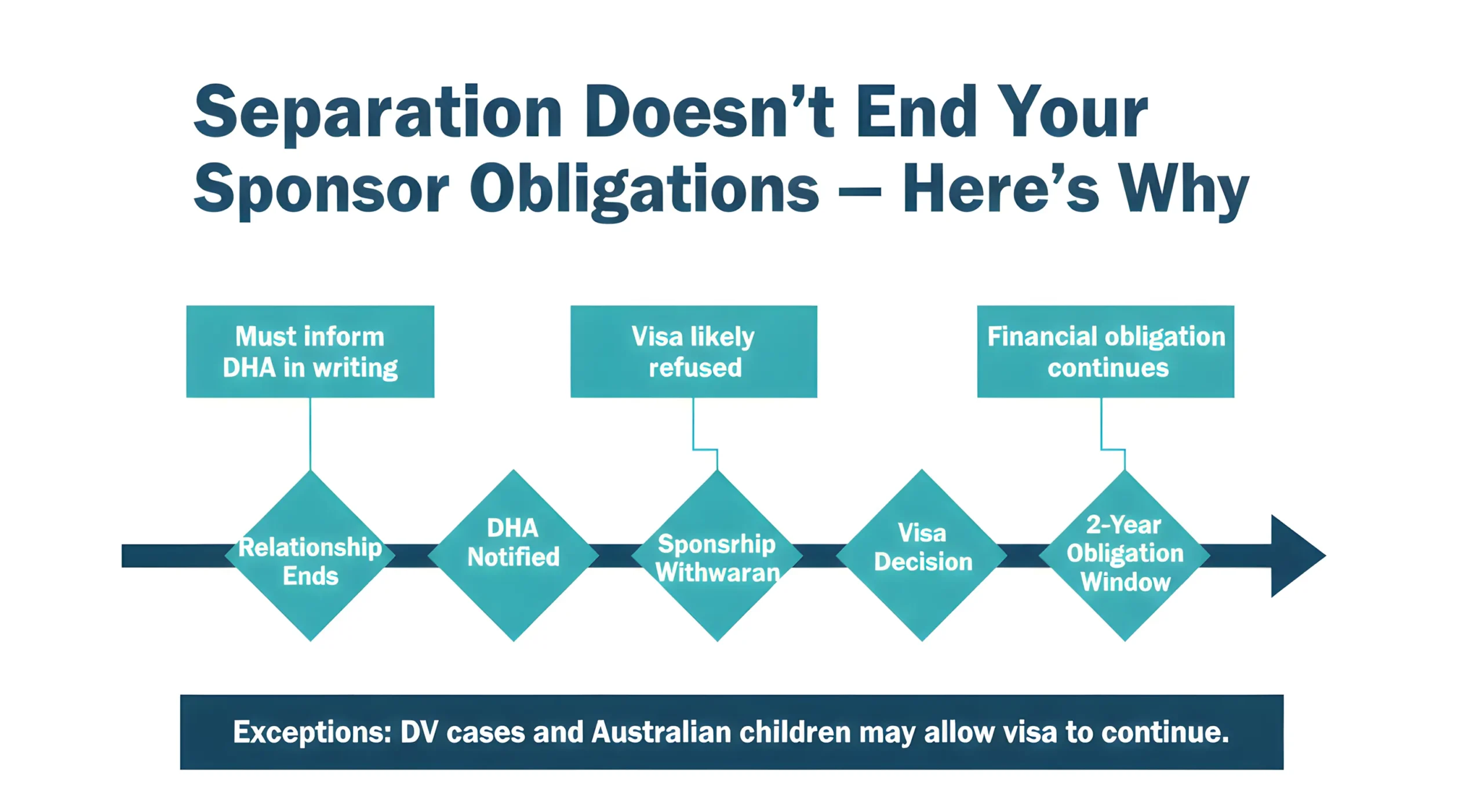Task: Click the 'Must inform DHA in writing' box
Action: [x=310, y=351]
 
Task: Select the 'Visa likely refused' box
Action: [x=693, y=351]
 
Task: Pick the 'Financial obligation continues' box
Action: [x=1105, y=351]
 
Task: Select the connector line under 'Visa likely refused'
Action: [x=694, y=423]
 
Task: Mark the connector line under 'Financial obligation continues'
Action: [x=1101, y=423]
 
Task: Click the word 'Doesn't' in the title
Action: [x=710, y=111]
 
